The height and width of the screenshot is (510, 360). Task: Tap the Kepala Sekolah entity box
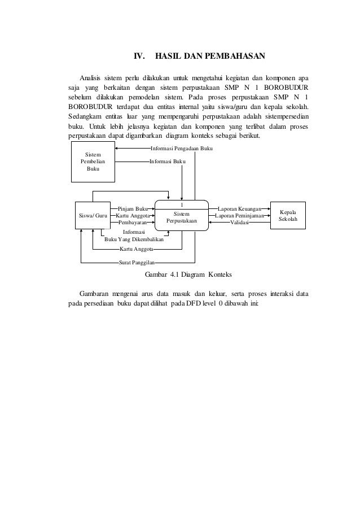(x=288, y=215)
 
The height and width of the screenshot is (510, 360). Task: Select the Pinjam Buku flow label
(x=133, y=208)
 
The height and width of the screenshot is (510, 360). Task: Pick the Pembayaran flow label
(x=133, y=223)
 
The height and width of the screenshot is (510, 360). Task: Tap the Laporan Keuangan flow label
(x=239, y=208)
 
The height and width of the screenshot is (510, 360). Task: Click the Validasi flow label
(x=241, y=223)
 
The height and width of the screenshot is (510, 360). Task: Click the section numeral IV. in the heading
(x=139, y=56)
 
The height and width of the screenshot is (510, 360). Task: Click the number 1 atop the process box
(x=182, y=204)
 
